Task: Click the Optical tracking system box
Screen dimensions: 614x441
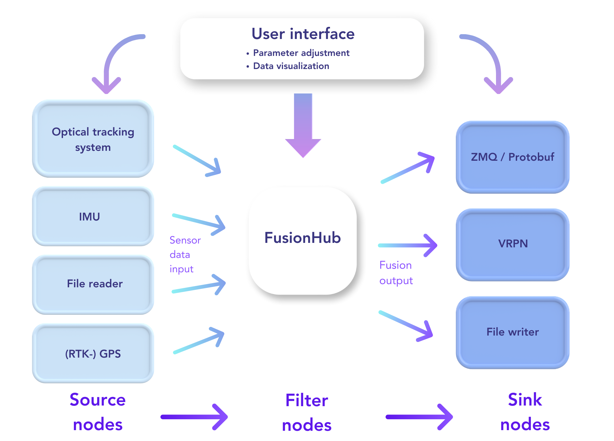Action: [93, 139]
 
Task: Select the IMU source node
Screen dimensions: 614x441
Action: [93, 216]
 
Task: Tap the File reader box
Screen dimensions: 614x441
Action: [93, 284]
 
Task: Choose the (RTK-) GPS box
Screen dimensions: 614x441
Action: [93, 353]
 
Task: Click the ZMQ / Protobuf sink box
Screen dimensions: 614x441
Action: [513, 157]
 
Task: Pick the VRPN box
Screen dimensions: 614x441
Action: [513, 245]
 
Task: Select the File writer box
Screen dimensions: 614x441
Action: [513, 332]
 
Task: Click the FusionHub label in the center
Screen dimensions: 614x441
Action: [303, 238]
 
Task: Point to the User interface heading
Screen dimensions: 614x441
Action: [303, 34]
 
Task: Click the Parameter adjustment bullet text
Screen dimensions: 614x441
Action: [301, 53]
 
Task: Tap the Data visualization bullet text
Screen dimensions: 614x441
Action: [291, 66]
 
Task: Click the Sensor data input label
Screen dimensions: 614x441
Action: [185, 255]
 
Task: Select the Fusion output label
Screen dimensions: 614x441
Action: [396, 273]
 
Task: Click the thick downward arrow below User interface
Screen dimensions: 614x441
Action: [303, 125]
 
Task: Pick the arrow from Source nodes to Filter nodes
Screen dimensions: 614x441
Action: [194, 417]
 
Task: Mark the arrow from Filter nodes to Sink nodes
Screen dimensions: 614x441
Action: [419, 417]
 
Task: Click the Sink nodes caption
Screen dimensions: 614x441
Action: [525, 412]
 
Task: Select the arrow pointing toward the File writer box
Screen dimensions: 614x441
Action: [406, 326]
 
